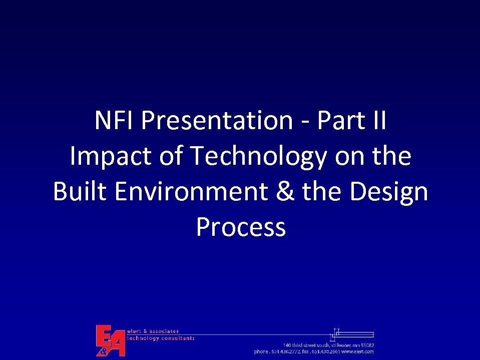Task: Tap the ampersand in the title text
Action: click(x=285, y=192)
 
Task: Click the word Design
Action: click(x=389, y=192)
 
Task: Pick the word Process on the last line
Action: click(x=241, y=227)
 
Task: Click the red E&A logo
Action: click(x=110, y=340)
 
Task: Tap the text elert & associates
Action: click(x=153, y=331)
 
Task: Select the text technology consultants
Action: click(x=161, y=338)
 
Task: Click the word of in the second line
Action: click(x=171, y=157)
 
